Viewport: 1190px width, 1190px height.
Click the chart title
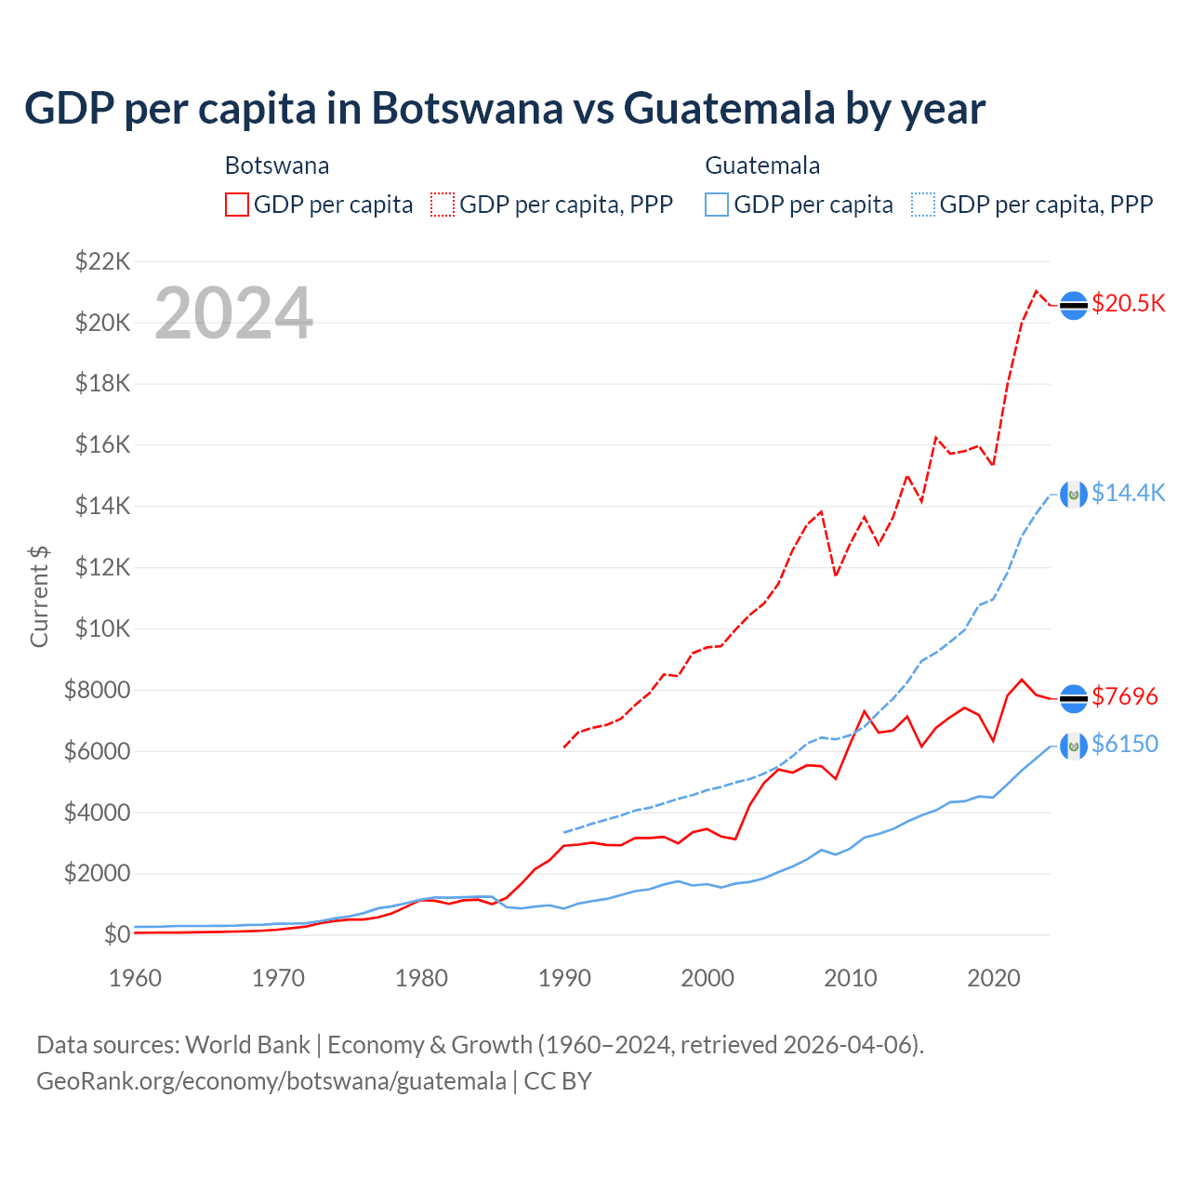point(504,109)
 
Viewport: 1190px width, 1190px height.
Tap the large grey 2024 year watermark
point(233,313)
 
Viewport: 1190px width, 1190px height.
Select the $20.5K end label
point(1128,304)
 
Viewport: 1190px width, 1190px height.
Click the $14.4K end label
point(1128,493)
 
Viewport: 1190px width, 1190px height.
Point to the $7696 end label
point(1125,696)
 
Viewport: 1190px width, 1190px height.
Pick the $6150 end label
point(1125,744)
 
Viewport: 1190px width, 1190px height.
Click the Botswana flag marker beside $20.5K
point(1074,305)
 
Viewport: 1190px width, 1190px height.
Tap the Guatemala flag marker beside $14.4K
point(1074,494)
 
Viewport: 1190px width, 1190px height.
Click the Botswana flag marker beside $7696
point(1074,698)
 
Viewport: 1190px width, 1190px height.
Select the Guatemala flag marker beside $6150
point(1074,746)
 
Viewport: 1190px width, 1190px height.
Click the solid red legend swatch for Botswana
point(237,205)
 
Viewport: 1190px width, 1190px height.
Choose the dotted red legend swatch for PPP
point(443,205)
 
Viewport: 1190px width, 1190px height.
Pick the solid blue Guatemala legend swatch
point(717,205)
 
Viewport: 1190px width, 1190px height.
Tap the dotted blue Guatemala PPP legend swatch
point(923,205)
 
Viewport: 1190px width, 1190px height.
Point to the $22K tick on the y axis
point(103,261)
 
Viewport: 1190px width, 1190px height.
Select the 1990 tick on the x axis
point(564,978)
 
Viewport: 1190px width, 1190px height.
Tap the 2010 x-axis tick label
point(851,978)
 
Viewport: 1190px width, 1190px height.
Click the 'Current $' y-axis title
point(39,597)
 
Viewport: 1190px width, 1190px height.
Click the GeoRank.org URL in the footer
point(271,1081)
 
